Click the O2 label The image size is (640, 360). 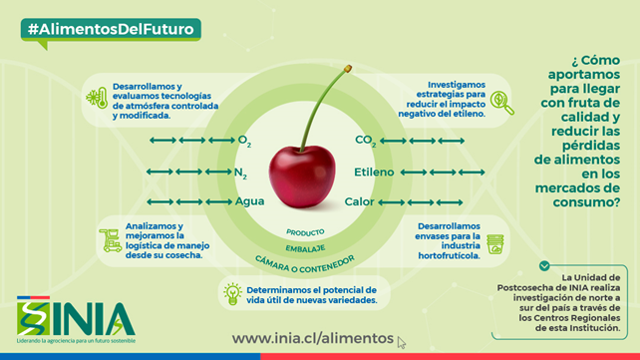(x=244, y=141)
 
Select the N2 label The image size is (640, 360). (x=239, y=173)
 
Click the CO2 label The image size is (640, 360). (x=366, y=141)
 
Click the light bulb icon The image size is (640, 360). (x=232, y=293)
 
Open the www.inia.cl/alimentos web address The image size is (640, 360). (x=313, y=338)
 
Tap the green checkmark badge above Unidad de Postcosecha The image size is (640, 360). (x=543, y=265)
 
